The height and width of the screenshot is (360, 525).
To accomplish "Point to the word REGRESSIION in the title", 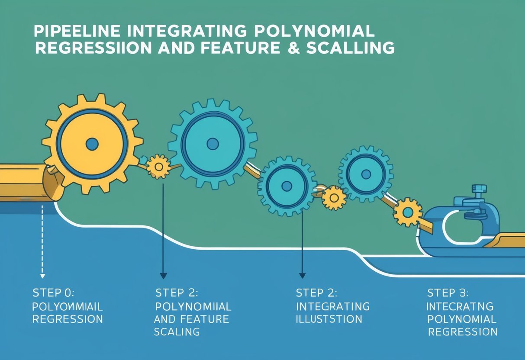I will click(x=93, y=48).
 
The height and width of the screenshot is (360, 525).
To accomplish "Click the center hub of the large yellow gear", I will click(x=92, y=144).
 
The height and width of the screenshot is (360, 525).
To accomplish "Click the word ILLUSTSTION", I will click(x=329, y=319).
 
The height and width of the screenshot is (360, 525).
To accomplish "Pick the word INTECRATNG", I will click(x=460, y=306).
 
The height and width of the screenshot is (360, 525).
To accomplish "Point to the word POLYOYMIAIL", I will click(x=68, y=306).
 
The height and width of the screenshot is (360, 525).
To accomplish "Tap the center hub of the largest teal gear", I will click(x=212, y=144).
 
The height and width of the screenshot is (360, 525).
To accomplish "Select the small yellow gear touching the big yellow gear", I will click(x=158, y=166).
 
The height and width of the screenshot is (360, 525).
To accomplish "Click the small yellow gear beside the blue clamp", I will click(x=407, y=212).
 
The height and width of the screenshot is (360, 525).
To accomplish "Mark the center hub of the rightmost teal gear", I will click(x=366, y=173).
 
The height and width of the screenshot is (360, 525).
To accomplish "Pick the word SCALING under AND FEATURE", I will click(x=177, y=332).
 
